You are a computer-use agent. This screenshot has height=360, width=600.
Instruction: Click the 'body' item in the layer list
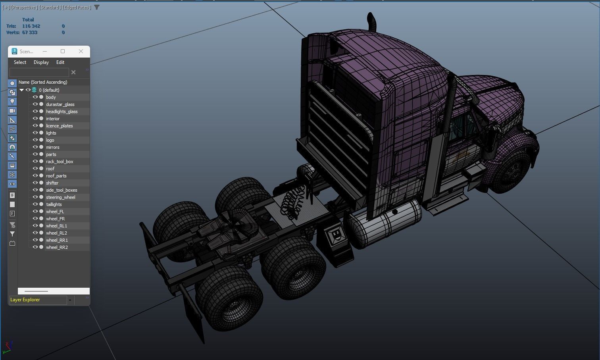[x=51, y=97]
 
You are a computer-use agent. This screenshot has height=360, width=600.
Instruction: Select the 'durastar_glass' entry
[x=60, y=104]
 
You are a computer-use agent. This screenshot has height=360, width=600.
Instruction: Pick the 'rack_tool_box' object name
[x=60, y=162]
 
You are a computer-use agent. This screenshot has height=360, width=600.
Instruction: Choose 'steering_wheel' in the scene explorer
[x=60, y=197]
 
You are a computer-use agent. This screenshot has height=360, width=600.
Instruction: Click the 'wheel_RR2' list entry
[x=57, y=247]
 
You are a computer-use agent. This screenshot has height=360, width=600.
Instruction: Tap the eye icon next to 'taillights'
[x=35, y=204]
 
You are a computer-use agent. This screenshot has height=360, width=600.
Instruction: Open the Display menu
[x=41, y=62]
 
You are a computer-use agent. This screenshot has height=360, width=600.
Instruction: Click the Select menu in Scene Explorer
[x=20, y=62]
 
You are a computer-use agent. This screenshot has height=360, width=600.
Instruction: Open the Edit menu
[x=60, y=62]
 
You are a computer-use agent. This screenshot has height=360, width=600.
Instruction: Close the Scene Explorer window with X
[x=81, y=51]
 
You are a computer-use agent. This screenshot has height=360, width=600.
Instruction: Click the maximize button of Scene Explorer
[x=63, y=51]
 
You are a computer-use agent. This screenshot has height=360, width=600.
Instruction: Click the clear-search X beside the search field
[x=73, y=72]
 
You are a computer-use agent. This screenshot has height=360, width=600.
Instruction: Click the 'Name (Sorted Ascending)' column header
[x=43, y=82]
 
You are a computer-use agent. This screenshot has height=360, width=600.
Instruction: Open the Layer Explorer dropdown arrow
[x=70, y=300]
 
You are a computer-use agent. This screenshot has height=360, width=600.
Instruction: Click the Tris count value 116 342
[x=31, y=26]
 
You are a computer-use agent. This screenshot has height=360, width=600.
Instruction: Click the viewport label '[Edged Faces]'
[x=77, y=7]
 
